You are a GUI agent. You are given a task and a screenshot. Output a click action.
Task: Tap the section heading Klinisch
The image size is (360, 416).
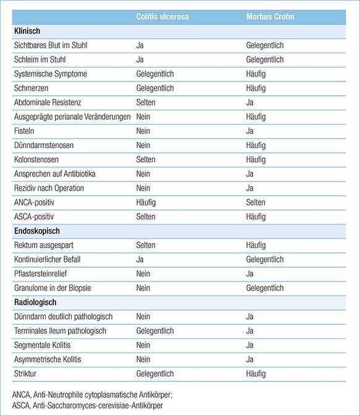coord(28,31)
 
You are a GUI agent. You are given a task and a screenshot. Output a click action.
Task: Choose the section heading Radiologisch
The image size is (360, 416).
coord(35,302)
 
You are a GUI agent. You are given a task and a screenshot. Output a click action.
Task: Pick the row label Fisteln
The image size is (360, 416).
coord(25,131)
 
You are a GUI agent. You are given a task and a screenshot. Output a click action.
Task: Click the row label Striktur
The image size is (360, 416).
coord(25,373)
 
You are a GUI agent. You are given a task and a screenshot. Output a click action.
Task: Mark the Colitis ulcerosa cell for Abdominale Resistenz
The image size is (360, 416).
coord(146,102)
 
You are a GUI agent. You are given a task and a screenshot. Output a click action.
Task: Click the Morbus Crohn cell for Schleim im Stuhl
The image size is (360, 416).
coord(264,60)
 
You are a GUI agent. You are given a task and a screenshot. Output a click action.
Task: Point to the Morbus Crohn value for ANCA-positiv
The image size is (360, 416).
coord(256,202)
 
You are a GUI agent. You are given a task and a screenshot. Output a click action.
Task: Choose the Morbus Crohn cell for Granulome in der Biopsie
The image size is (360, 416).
coord(264,288)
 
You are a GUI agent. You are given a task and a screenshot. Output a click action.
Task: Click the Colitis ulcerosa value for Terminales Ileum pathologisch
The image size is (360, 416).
coord(154,331)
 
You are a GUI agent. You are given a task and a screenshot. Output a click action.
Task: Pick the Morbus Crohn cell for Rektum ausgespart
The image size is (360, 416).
coord(256,245)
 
